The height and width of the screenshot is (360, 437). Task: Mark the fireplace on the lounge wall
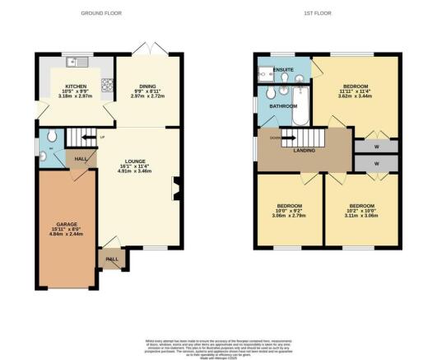point(174,188)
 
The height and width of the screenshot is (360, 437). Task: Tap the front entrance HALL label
point(111,259)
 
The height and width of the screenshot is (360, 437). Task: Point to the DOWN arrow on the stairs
point(274,138)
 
